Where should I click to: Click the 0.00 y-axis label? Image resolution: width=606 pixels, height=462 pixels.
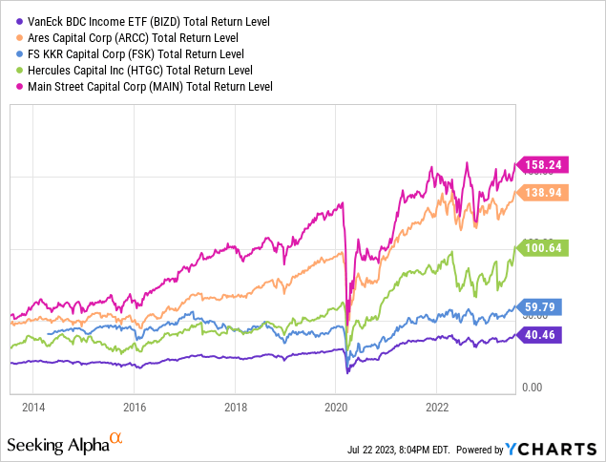532,387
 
